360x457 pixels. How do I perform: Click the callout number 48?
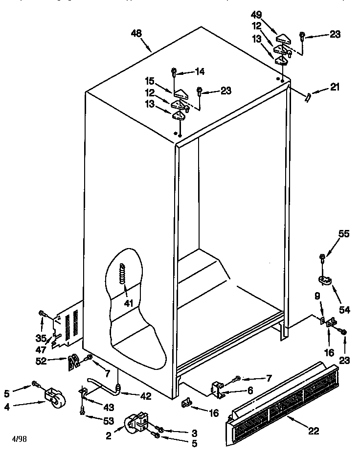point(136,33)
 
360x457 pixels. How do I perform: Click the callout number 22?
point(314,431)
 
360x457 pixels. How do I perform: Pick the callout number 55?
point(344,234)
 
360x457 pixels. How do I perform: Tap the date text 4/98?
point(20,438)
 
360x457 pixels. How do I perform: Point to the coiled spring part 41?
point(122,276)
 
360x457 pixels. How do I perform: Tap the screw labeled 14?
point(174,72)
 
